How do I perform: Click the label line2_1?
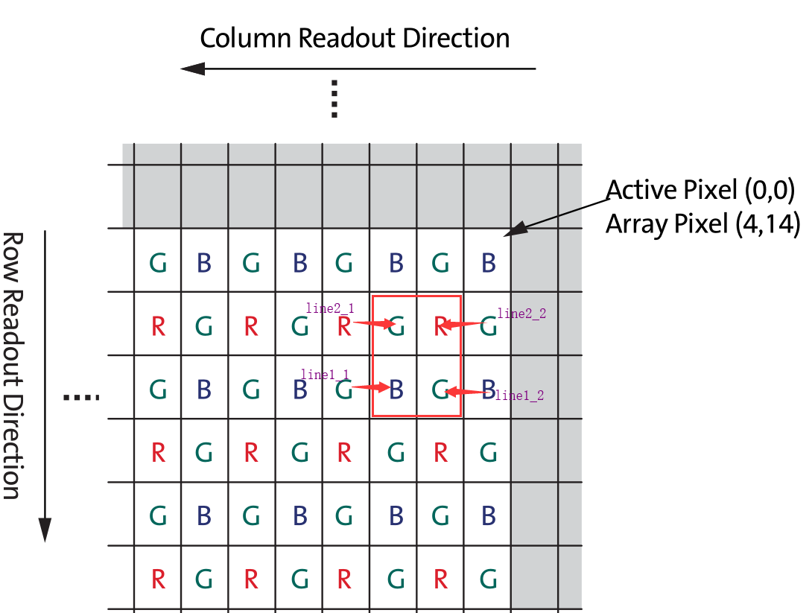(330, 308)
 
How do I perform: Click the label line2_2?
(521, 314)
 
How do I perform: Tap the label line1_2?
(519, 396)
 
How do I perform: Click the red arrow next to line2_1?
(373, 323)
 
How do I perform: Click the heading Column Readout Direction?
(355, 38)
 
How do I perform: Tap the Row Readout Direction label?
(12, 365)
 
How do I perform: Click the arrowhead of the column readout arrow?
(192, 69)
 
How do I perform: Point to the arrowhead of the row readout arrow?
(45, 530)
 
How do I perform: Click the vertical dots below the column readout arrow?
(334, 99)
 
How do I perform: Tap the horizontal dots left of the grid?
(81, 397)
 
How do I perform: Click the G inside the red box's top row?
(397, 325)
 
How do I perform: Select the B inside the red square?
(397, 388)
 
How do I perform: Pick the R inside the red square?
(441, 325)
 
